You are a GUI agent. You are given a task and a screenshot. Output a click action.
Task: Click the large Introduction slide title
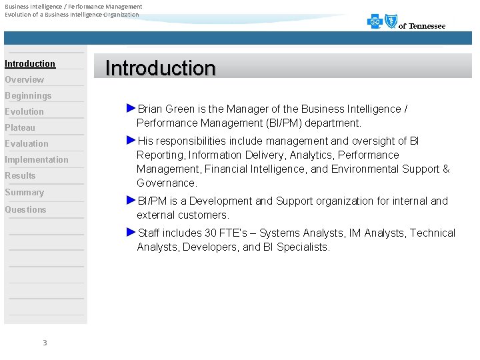(x=161, y=68)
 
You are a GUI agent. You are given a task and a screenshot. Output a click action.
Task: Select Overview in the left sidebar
(x=24, y=79)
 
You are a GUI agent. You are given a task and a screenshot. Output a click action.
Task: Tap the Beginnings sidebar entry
(x=28, y=95)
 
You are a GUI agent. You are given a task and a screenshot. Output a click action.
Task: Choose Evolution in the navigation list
(x=24, y=111)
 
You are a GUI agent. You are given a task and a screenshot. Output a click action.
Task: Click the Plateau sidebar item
(x=20, y=127)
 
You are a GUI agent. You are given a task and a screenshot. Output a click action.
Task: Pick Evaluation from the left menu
(x=27, y=143)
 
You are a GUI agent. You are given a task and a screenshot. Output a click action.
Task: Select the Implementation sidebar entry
(x=37, y=159)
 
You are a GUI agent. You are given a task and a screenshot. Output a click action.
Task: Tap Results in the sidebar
(x=20, y=175)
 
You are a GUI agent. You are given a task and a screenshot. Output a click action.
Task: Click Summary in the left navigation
(x=24, y=192)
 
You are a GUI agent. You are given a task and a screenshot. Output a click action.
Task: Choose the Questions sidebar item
(x=25, y=209)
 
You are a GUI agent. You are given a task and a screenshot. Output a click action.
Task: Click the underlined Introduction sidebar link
(x=30, y=63)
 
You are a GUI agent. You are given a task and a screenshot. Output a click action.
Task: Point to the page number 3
(x=45, y=343)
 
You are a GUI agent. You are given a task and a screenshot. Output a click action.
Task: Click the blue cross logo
(x=375, y=22)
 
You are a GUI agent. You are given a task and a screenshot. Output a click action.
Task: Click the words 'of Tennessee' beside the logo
(x=422, y=26)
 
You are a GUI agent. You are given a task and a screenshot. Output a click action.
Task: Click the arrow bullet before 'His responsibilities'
(x=131, y=140)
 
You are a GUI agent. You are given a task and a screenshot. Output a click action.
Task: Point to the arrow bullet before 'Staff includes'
(x=131, y=232)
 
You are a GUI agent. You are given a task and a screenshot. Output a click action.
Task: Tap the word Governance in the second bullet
(x=167, y=183)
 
